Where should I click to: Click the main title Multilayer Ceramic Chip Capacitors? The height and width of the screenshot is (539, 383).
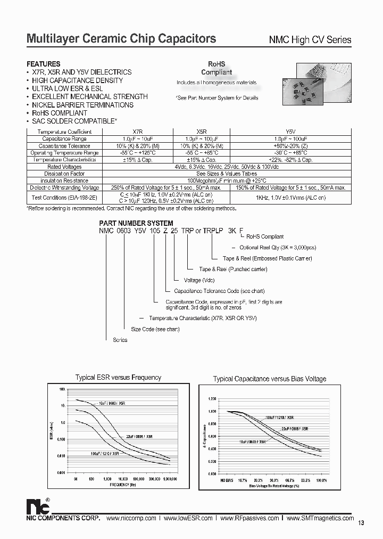(x=121, y=39)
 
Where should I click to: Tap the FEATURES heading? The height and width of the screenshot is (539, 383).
(x=44, y=64)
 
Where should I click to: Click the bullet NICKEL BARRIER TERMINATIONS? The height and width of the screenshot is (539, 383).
(x=82, y=105)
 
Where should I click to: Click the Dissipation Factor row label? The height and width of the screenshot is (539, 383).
(x=64, y=174)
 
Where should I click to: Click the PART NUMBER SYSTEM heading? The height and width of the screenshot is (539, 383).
(x=136, y=223)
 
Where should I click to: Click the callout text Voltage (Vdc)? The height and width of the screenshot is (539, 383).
(x=200, y=280)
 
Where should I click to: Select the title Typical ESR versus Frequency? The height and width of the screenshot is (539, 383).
(x=118, y=378)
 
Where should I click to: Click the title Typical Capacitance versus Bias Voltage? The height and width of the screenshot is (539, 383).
(x=269, y=379)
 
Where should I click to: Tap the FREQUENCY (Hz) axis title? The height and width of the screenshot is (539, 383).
(x=123, y=485)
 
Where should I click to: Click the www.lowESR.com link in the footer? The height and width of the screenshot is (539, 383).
(x=188, y=518)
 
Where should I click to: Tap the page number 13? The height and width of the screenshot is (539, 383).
(x=361, y=523)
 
